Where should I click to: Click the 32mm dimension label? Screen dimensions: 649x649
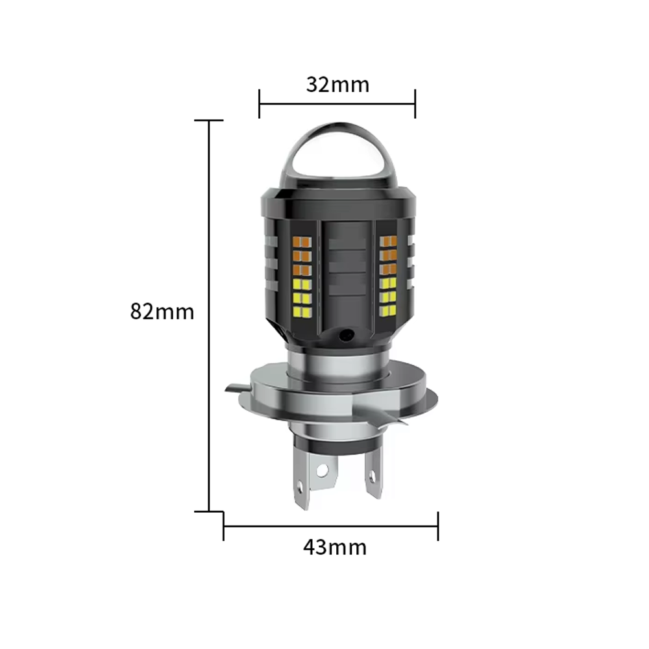[x=337, y=84]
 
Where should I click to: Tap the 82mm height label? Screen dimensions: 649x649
[x=162, y=312]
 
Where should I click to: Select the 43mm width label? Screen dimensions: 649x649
[x=334, y=547]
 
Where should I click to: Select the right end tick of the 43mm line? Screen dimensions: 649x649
[x=438, y=526]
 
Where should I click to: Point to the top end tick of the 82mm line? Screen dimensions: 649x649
[x=209, y=121]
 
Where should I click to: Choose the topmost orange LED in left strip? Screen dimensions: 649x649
[x=302, y=243]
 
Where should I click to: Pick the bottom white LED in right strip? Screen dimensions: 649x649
[x=388, y=311]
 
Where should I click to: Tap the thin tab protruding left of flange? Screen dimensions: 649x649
[x=236, y=389]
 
